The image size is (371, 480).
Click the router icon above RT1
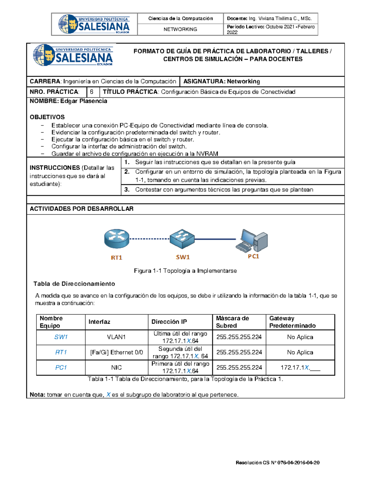tap(117, 239)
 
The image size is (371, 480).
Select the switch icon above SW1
tap(182, 239)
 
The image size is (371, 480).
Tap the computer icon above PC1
tap(252, 240)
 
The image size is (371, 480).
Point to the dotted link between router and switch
tap(149, 239)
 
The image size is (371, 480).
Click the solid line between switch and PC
tap(215, 239)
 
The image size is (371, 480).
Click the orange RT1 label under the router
tap(117, 257)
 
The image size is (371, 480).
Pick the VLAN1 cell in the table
tap(116, 337)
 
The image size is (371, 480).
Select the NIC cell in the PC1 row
tap(116, 367)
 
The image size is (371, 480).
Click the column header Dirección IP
tap(169, 322)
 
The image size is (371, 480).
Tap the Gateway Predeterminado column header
tap(292, 322)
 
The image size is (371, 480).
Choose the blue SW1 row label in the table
tap(61, 337)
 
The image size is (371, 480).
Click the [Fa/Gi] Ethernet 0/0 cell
tap(117, 352)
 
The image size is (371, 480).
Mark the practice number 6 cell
tap(92, 92)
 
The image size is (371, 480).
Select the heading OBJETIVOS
tap(47, 117)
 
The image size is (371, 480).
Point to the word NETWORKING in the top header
tap(180, 29)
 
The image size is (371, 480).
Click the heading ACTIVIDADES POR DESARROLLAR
tap(82, 209)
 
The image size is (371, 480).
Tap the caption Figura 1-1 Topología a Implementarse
tap(185, 271)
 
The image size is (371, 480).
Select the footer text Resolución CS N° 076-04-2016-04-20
tap(277, 463)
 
